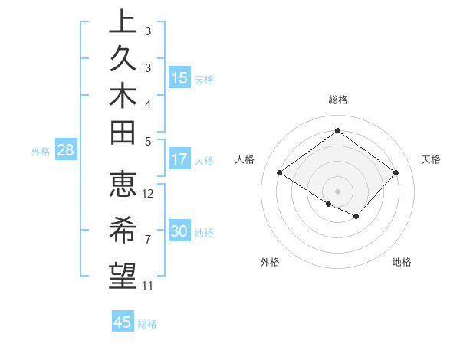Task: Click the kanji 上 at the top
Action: [123, 23]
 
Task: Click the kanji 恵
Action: [123, 185]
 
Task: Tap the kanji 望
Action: [123, 273]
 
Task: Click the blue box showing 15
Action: [179, 77]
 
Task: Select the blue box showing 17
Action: [179, 159]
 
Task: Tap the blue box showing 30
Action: [179, 231]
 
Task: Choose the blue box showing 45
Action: [123, 322]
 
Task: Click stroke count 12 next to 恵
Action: [148, 194]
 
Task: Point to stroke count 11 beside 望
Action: [147, 286]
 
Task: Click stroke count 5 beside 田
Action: [147, 141]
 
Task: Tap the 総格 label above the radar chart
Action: [337, 100]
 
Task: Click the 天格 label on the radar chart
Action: [431, 159]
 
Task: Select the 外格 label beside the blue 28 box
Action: [41, 151]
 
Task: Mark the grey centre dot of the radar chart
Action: [337, 191]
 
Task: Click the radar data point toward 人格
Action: [279, 173]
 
